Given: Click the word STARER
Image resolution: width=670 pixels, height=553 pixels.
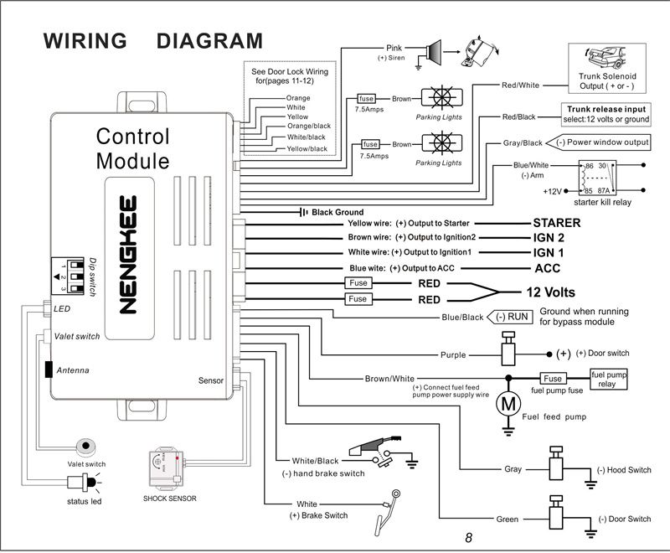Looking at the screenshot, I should [x=557, y=223].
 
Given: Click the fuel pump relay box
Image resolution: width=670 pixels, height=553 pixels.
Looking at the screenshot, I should [x=608, y=379].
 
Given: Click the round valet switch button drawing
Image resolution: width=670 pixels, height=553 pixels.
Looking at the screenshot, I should [x=82, y=446].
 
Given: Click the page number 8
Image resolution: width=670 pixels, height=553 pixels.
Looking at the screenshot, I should [x=469, y=538].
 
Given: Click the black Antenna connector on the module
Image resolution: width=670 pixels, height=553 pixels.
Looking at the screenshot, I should [x=49, y=369].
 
